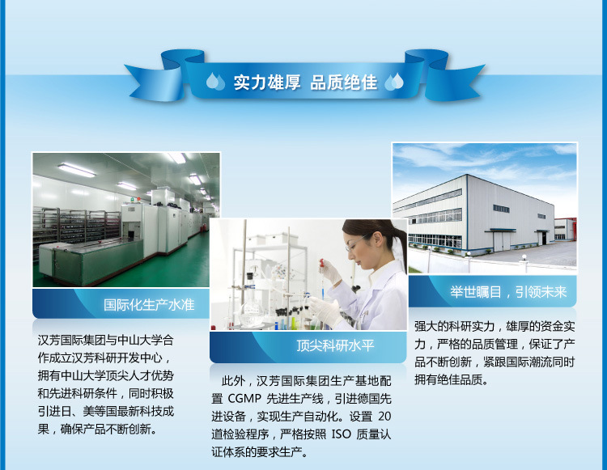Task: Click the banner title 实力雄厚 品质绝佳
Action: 305,83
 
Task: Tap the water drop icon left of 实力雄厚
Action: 215,82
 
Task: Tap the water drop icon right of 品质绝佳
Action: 394,82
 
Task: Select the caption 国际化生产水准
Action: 149,305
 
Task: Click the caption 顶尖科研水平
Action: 335,345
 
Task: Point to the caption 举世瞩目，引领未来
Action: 508,292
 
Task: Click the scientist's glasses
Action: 355,243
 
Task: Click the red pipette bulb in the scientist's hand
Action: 321,264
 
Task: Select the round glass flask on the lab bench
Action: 251,311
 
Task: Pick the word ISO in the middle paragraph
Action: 341,434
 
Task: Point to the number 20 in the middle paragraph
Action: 384,417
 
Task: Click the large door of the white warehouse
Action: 503,240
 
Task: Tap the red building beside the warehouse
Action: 565,229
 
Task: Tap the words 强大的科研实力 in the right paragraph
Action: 455,326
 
